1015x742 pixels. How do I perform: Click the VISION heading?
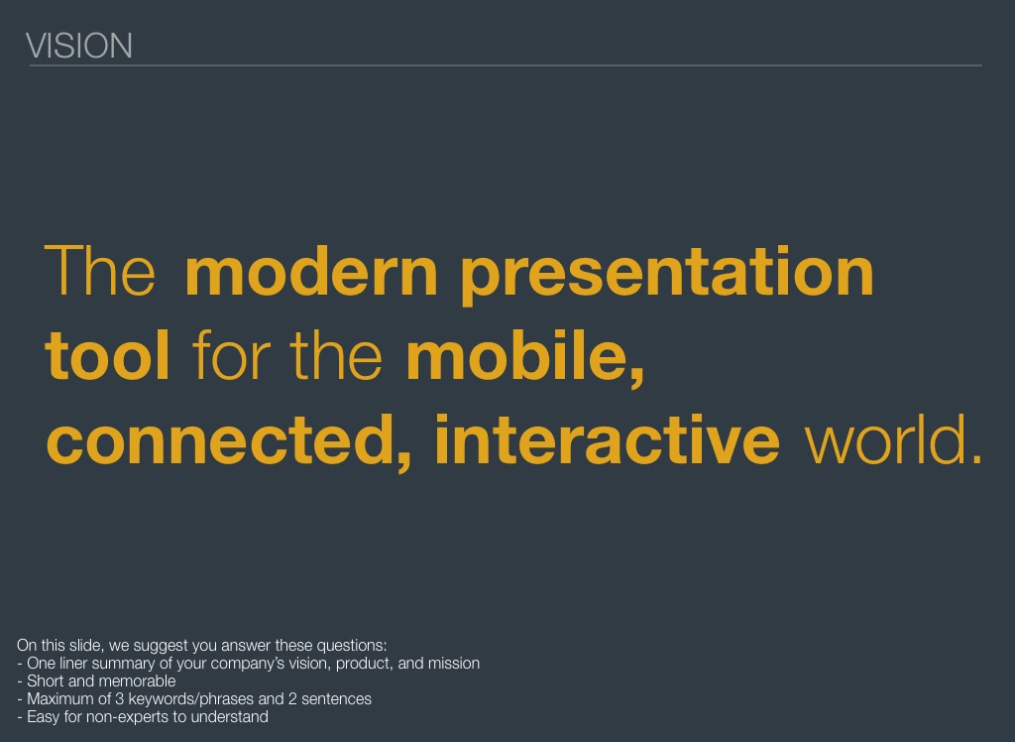[79, 46]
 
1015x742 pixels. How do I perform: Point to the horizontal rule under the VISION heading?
[506, 65]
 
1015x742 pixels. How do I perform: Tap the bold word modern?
[311, 272]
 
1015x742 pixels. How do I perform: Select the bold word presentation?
[667, 275]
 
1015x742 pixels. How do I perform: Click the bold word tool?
[107, 355]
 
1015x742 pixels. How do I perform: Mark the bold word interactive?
[608, 439]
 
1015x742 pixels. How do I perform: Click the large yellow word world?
[893, 439]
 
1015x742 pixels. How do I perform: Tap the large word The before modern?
[100, 271]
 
